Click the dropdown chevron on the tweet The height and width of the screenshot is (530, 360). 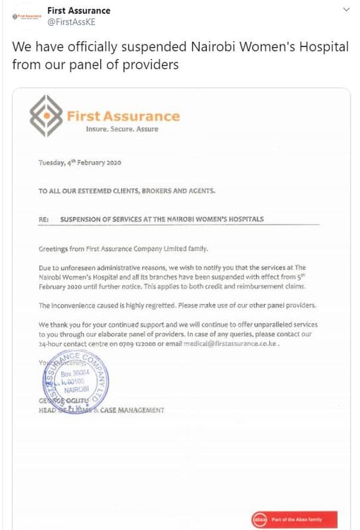345,11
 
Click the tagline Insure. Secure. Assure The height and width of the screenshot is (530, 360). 122,129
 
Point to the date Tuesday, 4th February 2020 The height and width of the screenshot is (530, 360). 80,163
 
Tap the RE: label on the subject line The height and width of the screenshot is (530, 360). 44,219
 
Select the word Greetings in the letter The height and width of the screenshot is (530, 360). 53,248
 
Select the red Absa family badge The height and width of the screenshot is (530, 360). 294,519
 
